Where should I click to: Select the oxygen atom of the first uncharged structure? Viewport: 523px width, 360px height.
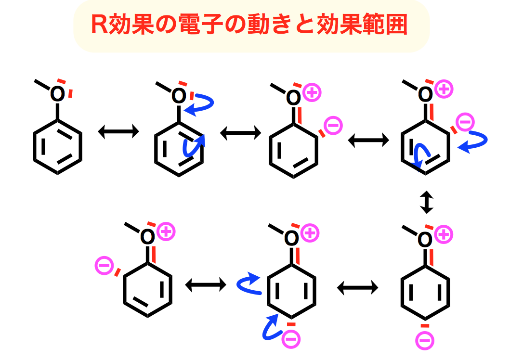click(x=57, y=94)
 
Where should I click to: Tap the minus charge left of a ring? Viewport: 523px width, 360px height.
click(x=105, y=265)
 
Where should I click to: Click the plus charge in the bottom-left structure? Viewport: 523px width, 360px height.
click(x=166, y=231)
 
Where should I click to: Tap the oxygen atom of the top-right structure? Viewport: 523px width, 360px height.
click(x=425, y=93)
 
